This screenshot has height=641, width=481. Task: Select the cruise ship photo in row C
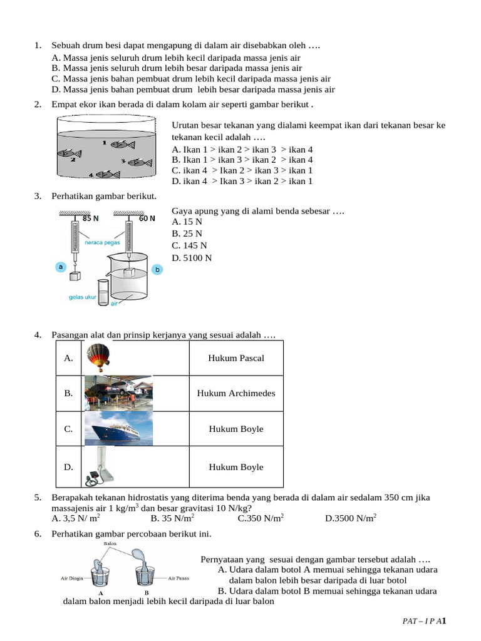point(118,429)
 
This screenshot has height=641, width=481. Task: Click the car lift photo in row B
point(118,393)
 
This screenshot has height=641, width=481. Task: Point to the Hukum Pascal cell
point(236,358)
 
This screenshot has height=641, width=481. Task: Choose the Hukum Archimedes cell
point(236,393)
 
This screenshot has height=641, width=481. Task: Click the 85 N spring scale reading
point(91,219)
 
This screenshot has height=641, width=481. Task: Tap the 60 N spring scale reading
point(147,219)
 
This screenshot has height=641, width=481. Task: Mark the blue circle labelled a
point(61,267)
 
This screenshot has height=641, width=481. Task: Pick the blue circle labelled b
point(157,269)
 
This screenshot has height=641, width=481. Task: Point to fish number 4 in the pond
point(108,175)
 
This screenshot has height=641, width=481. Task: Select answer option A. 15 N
point(187,222)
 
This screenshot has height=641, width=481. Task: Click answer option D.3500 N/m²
point(351,518)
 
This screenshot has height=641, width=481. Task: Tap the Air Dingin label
point(72,578)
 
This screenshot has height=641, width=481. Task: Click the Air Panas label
point(178,578)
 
